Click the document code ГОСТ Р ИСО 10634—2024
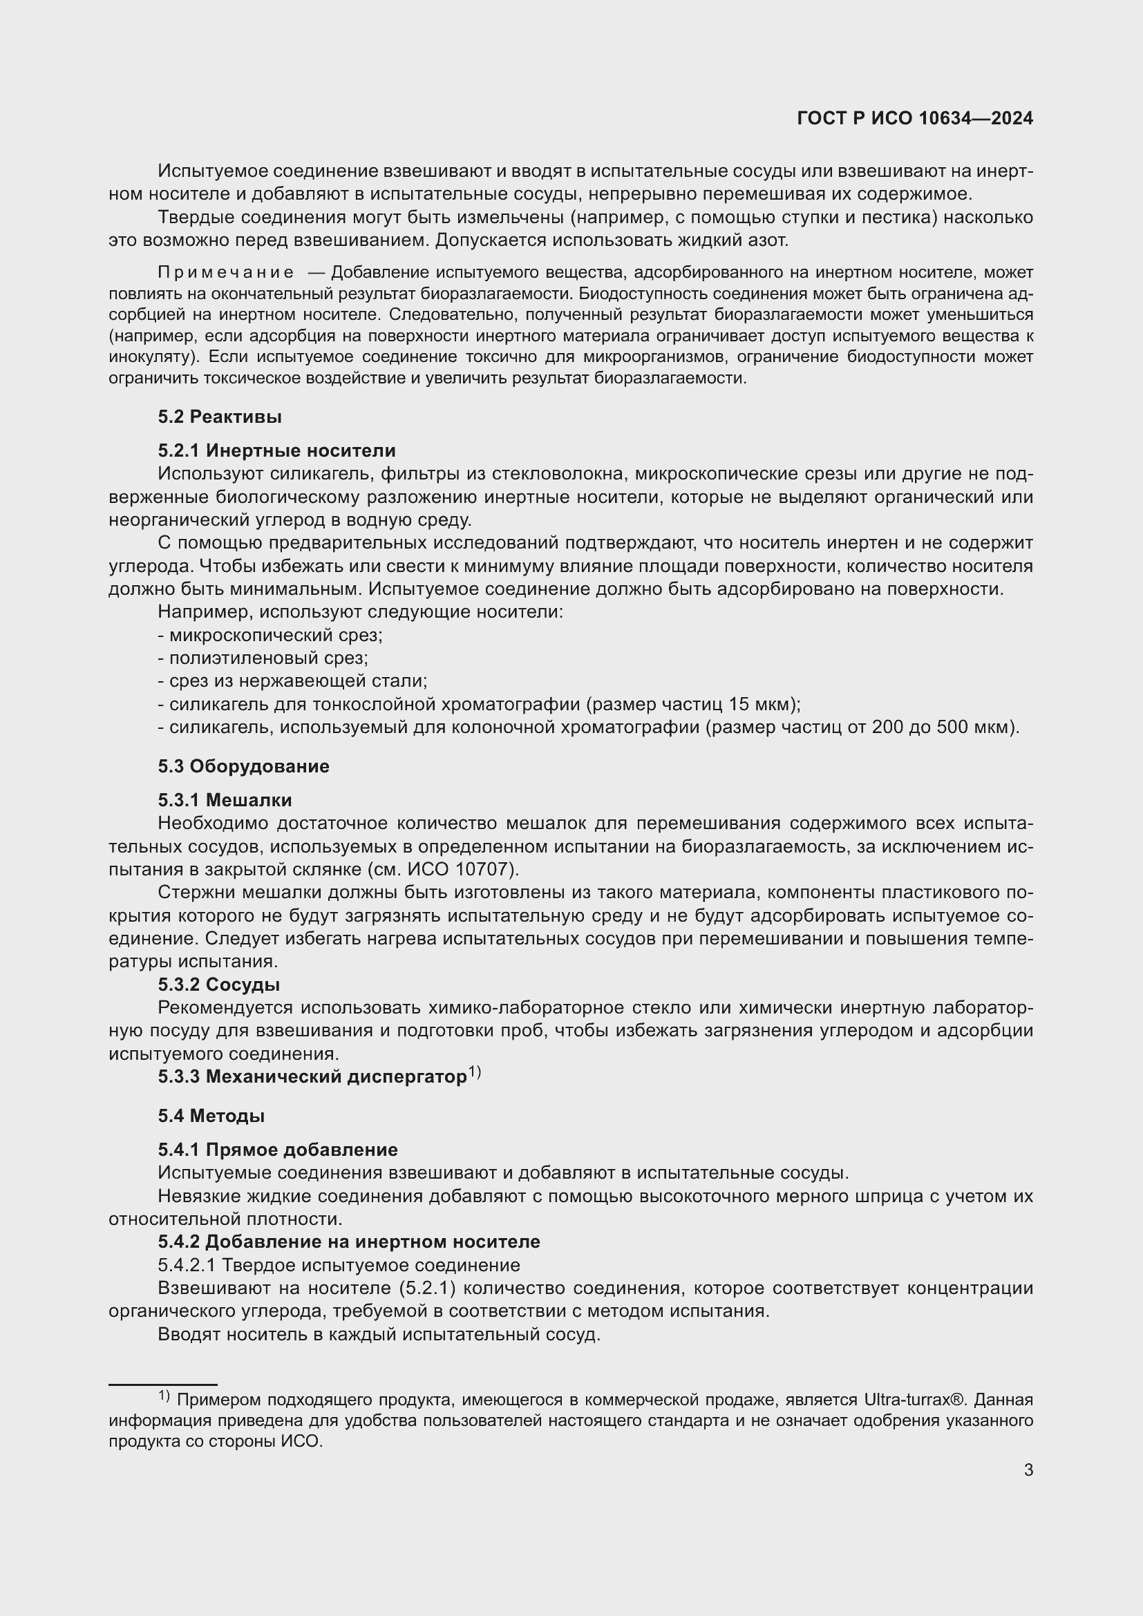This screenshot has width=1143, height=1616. click(x=914, y=118)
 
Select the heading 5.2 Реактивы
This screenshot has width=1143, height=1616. click(x=220, y=417)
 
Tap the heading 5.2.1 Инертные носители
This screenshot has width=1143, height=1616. click(x=276, y=450)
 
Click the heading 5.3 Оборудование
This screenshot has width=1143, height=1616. click(x=243, y=766)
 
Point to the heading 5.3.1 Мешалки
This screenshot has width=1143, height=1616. click(x=225, y=800)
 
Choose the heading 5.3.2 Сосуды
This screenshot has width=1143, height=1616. click(x=219, y=985)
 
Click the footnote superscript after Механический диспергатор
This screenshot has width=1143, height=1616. click(x=475, y=1072)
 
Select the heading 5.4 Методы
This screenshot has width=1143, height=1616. click(x=211, y=1116)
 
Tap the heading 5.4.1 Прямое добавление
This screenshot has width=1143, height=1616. click(x=278, y=1150)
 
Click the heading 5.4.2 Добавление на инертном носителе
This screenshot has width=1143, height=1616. click(x=349, y=1242)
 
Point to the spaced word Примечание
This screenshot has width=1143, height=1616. click(x=226, y=272)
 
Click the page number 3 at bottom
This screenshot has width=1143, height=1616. click(x=1028, y=1470)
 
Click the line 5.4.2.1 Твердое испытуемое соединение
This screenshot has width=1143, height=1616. click(x=339, y=1265)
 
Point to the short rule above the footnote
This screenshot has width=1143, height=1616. click(x=162, y=1384)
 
